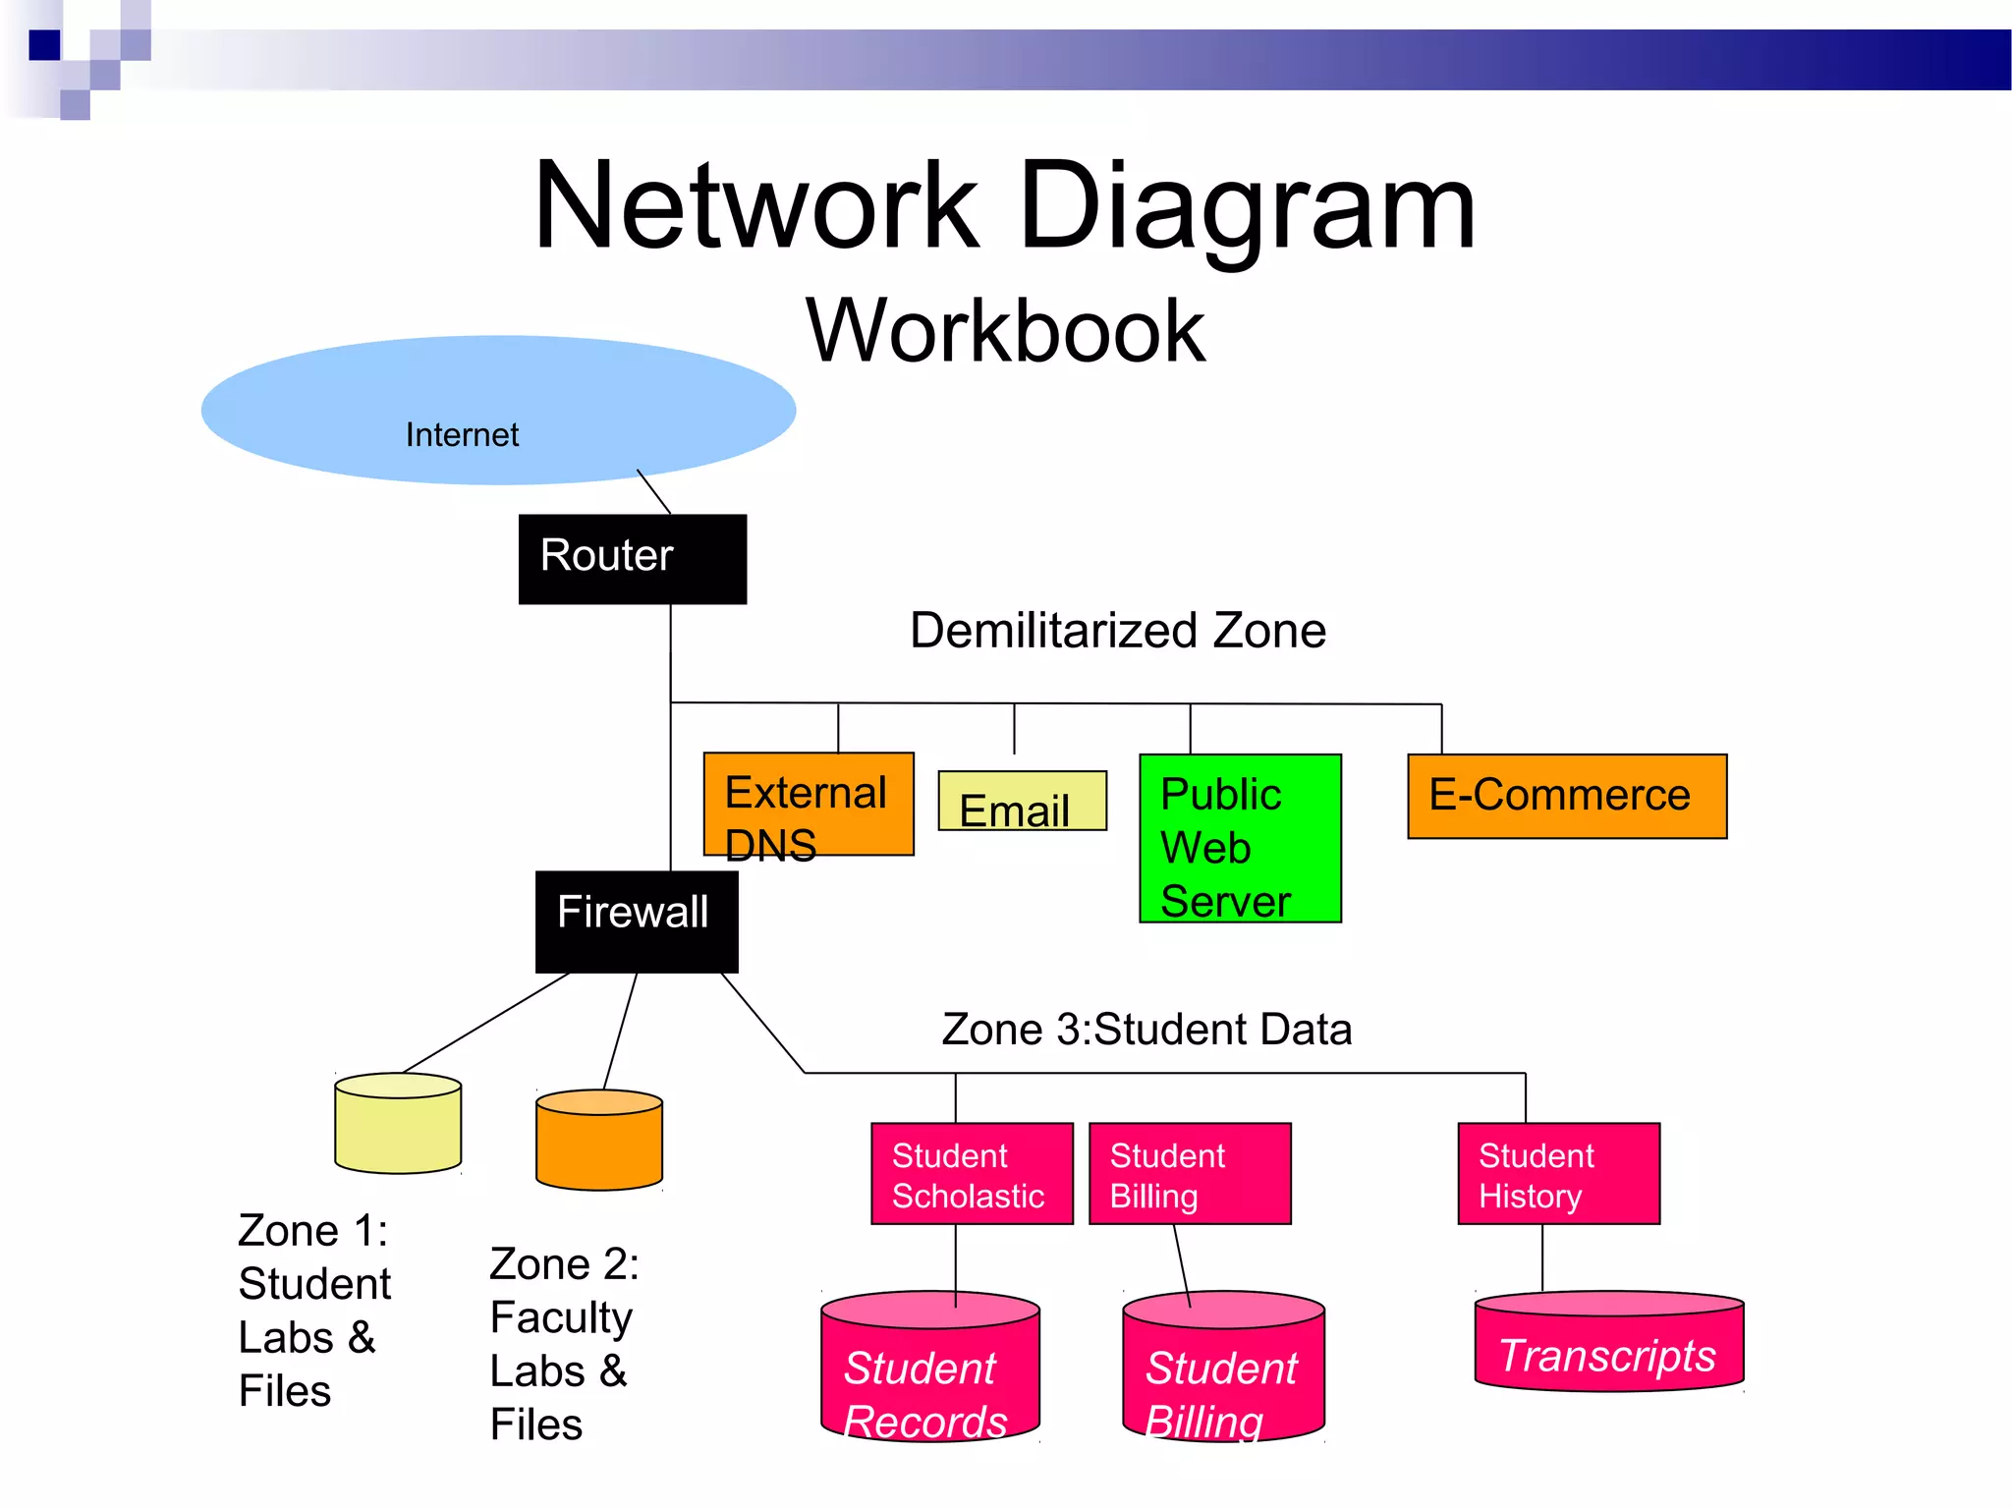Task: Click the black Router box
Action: [632, 558]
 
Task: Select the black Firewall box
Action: [636, 921]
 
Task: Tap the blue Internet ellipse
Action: [498, 410]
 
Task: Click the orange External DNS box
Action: [808, 804]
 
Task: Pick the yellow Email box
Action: [1022, 801]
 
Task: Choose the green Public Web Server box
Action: [1240, 838]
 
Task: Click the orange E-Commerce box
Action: [1566, 796]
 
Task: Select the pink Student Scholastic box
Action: [972, 1174]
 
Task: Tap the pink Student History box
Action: [1558, 1174]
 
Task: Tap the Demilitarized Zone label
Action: [1118, 631]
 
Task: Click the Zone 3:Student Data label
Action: [1146, 1030]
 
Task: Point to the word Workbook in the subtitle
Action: [1005, 331]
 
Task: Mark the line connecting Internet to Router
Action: [654, 492]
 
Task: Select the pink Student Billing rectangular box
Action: [1190, 1174]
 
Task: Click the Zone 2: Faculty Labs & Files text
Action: [562, 1343]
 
